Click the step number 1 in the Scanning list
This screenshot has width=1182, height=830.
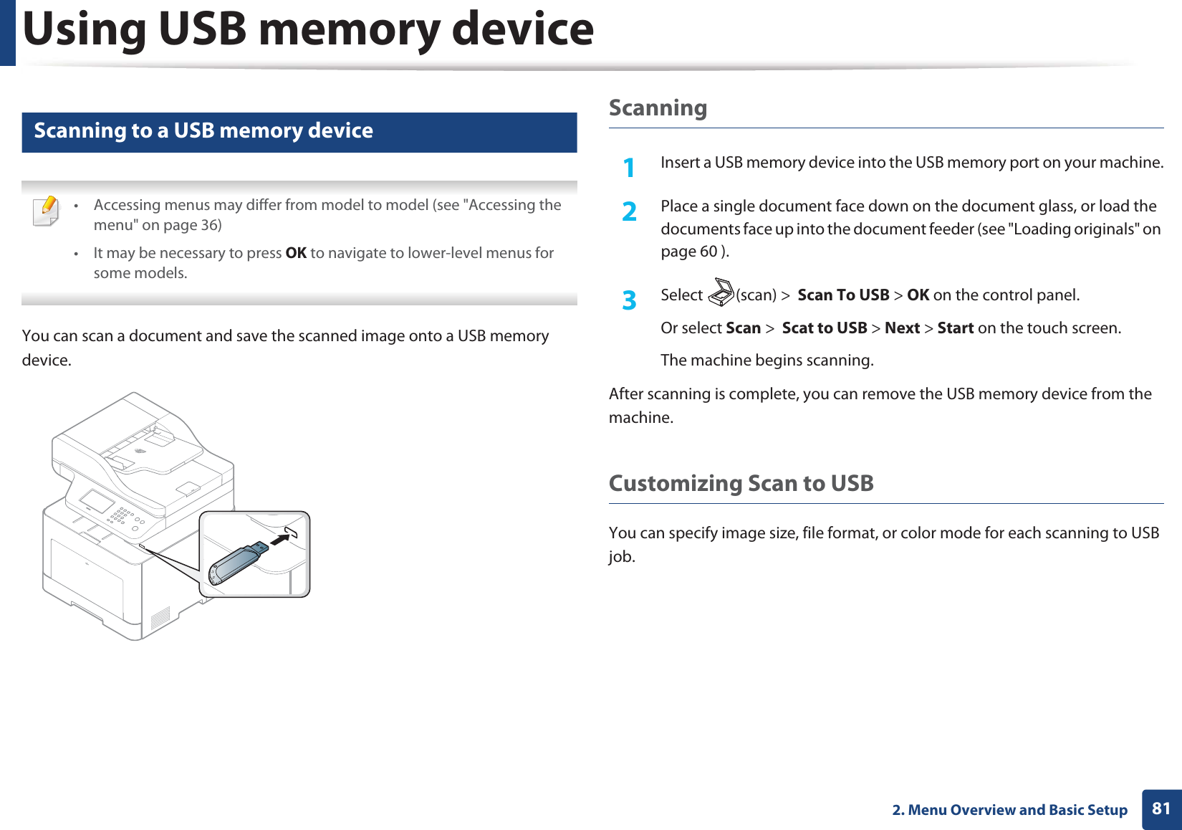[x=629, y=168]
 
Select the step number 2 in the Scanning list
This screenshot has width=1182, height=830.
[x=629, y=211]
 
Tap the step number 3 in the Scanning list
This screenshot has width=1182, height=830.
[x=629, y=300]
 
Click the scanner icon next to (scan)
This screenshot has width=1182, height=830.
[x=721, y=293]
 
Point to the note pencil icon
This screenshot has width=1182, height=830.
[x=47, y=211]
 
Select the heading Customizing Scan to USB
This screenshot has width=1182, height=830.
[x=741, y=483]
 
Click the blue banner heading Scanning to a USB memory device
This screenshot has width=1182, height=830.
[x=203, y=131]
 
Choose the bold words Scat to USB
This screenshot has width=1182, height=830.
[x=824, y=328]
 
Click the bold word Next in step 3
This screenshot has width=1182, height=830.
[x=902, y=328]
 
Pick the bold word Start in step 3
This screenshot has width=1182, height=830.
[x=955, y=328]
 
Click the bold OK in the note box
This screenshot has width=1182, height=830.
[x=296, y=253]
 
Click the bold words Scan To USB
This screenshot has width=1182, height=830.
[x=843, y=295]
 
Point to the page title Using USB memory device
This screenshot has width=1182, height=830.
[x=308, y=29]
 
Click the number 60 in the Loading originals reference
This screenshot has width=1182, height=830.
[x=708, y=252]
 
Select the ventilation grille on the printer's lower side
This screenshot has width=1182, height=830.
[x=160, y=619]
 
